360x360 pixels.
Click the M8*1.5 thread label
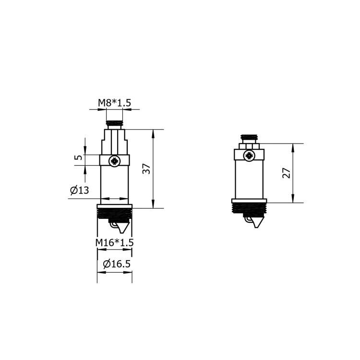tap(115, 103)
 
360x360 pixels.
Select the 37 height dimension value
tap(146, 169)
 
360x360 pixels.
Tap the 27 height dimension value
tap(287, 173)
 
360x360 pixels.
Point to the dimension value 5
tap(78, 157)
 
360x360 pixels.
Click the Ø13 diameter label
tap(79, 191)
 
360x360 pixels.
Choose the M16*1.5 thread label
tap(115, 242)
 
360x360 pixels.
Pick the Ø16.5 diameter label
tap(117, 264)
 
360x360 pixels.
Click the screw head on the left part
tap(114, 161)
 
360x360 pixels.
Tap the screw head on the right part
tap(249, 156)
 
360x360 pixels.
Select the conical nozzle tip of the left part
tap(123, 228)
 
